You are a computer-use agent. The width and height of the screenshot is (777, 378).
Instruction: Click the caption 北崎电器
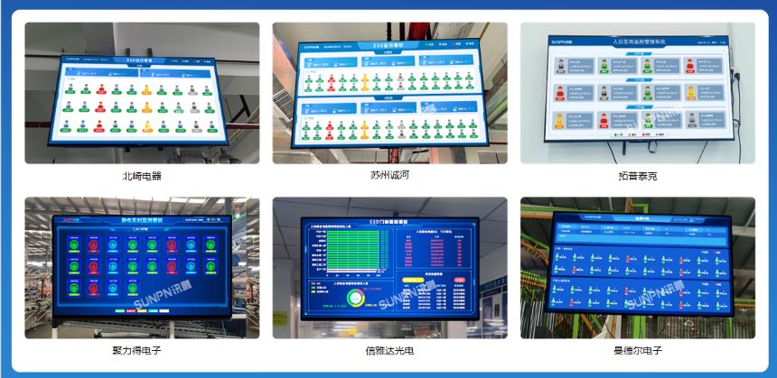click(142, 176)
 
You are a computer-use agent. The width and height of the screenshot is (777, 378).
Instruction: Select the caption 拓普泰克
click(637, 176)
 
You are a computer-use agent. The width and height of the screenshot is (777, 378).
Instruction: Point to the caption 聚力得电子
click(142, 350)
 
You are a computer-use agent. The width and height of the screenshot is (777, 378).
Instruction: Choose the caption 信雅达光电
click(389, 350)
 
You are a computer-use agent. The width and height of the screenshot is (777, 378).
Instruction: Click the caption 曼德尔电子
click(637, 350)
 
